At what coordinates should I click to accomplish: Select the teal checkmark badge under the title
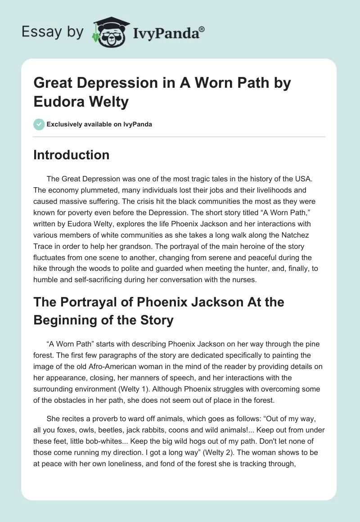tap(39, 124)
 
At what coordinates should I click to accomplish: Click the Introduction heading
tap(71, 155)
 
